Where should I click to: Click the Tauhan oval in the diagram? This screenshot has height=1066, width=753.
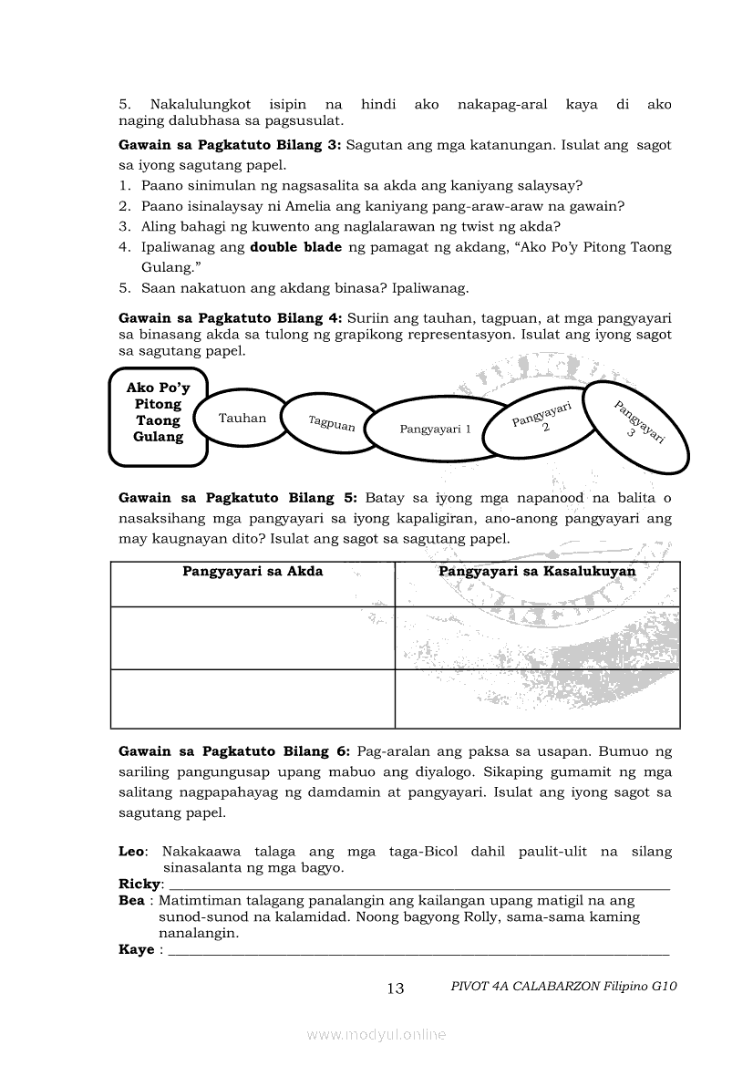click(242, 419)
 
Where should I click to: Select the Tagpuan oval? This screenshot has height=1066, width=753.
click(331, 422)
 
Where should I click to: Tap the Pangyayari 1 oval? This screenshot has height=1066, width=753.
click(436, 429)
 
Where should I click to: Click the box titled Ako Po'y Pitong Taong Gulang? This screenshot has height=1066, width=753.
click(159, 412)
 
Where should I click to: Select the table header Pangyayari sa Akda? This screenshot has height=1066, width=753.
click(253, 572)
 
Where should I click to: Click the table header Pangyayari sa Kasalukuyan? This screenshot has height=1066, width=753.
click(537, 572)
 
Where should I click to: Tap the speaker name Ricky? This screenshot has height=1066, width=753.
click(139, 885)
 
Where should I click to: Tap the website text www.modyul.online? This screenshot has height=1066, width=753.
click(376, 1035)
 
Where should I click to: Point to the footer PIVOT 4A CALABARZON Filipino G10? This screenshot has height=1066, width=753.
click(564, 987)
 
